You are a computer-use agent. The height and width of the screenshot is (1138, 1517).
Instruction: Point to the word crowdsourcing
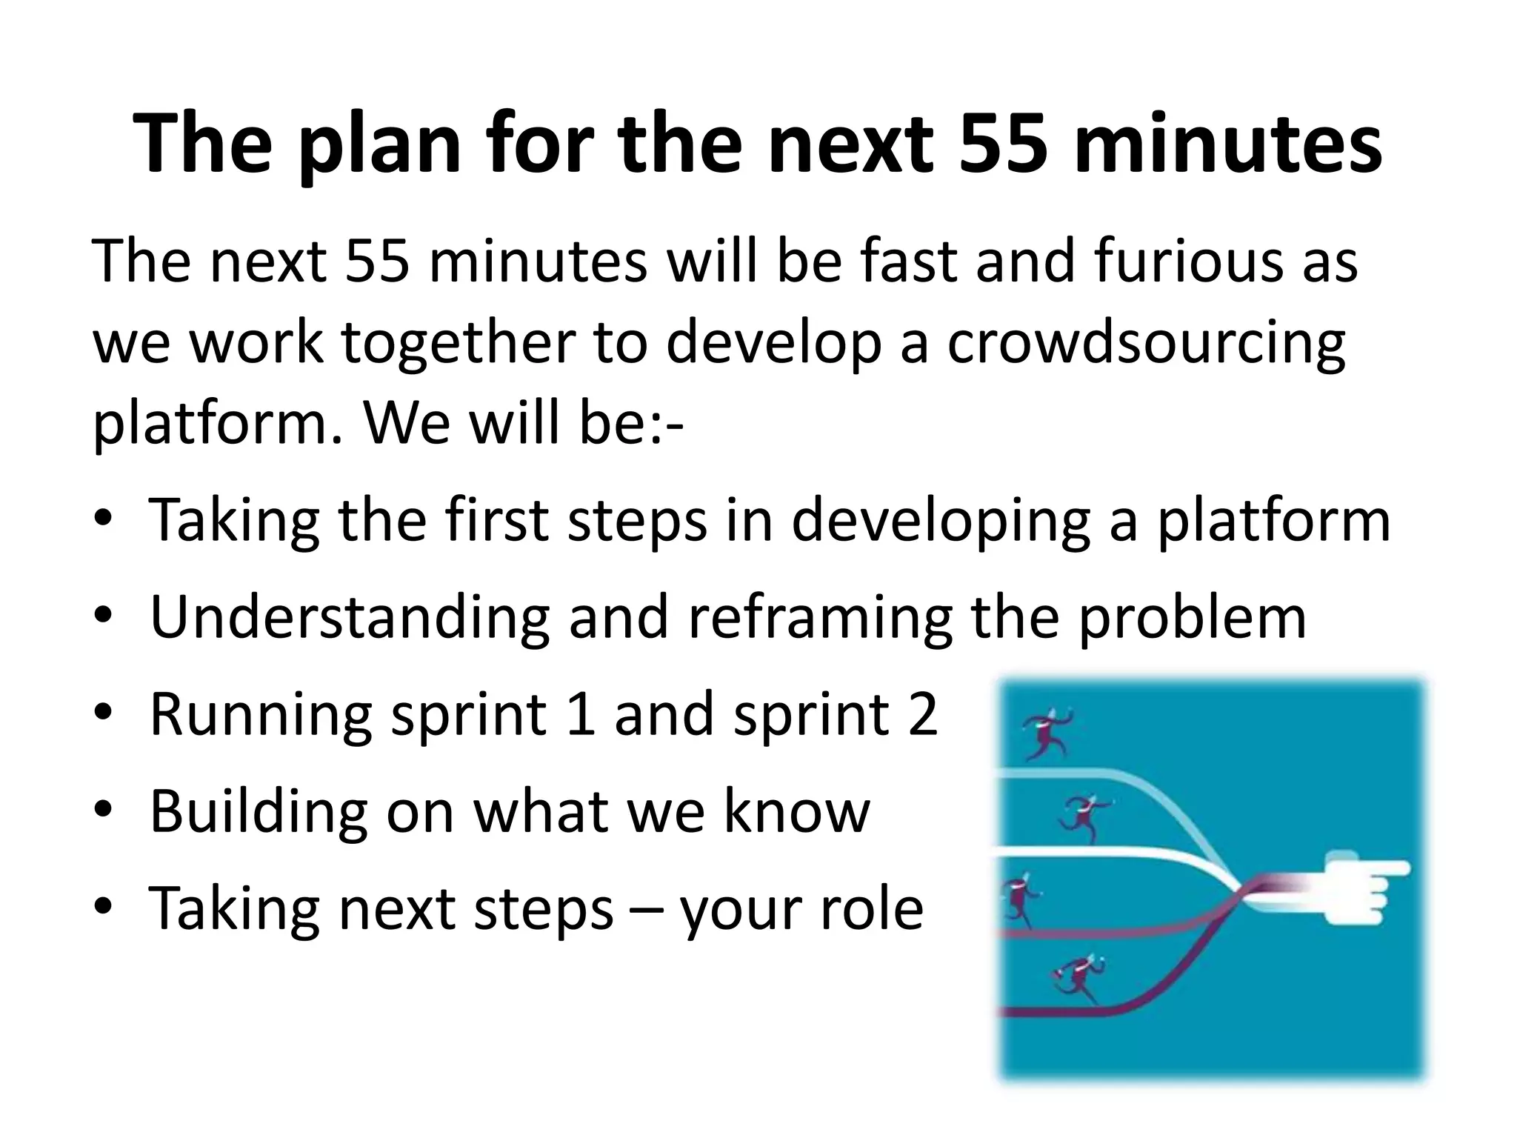1145,345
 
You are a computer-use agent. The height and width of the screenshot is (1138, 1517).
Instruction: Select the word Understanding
350,617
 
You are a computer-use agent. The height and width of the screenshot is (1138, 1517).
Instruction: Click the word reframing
820,619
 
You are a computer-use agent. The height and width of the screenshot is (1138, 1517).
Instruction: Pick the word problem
1192,617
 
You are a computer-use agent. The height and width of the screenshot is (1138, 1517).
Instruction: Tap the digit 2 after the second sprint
922,714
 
